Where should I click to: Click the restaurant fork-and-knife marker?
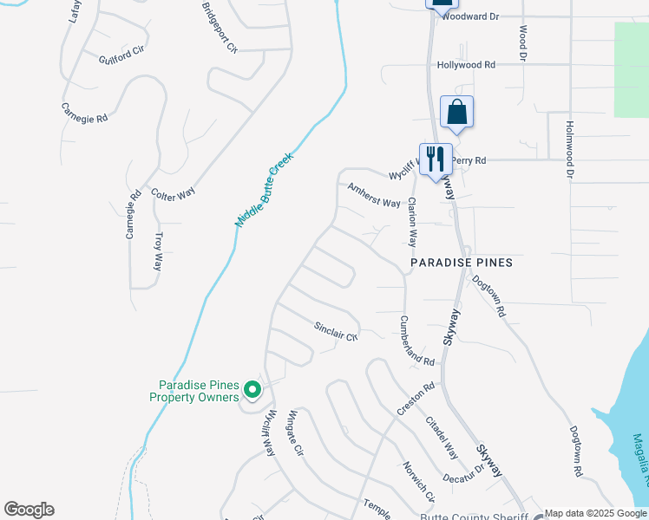pos(436,159)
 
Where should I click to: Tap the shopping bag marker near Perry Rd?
pos(456,112)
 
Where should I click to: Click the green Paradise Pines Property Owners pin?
pos(252,390)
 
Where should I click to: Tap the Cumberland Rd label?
pos(416,340)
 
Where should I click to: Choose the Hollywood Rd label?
pos(466,65)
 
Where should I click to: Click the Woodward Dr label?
pos(472,16)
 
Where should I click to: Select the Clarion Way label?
pos(413,222)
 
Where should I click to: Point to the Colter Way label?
pos(173,193)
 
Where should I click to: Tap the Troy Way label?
pos(158,250)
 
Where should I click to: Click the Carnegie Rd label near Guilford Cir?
pos(84,113)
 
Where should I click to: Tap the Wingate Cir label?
pos(297,433)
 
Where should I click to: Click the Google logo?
pos(29,510)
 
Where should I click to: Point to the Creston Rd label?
pos(416,399)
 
